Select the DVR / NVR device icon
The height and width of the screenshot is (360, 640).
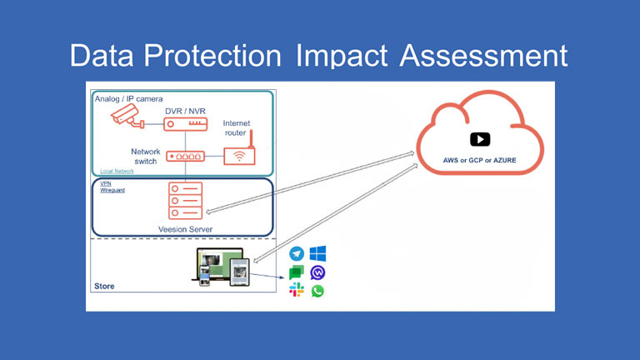(184, 123)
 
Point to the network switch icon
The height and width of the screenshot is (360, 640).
(185, 156)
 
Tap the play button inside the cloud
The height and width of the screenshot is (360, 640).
(479, 139)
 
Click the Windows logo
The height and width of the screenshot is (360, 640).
(317, 253)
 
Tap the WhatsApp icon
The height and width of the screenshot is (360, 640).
(317, 291)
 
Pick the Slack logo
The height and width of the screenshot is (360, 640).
(297, 291)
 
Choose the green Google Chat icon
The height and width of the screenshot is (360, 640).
(297, 272)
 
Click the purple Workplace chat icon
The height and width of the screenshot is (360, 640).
(317, 272)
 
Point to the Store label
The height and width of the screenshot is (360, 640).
(104, 287)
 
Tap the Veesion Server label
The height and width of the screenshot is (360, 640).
(185, 228)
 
